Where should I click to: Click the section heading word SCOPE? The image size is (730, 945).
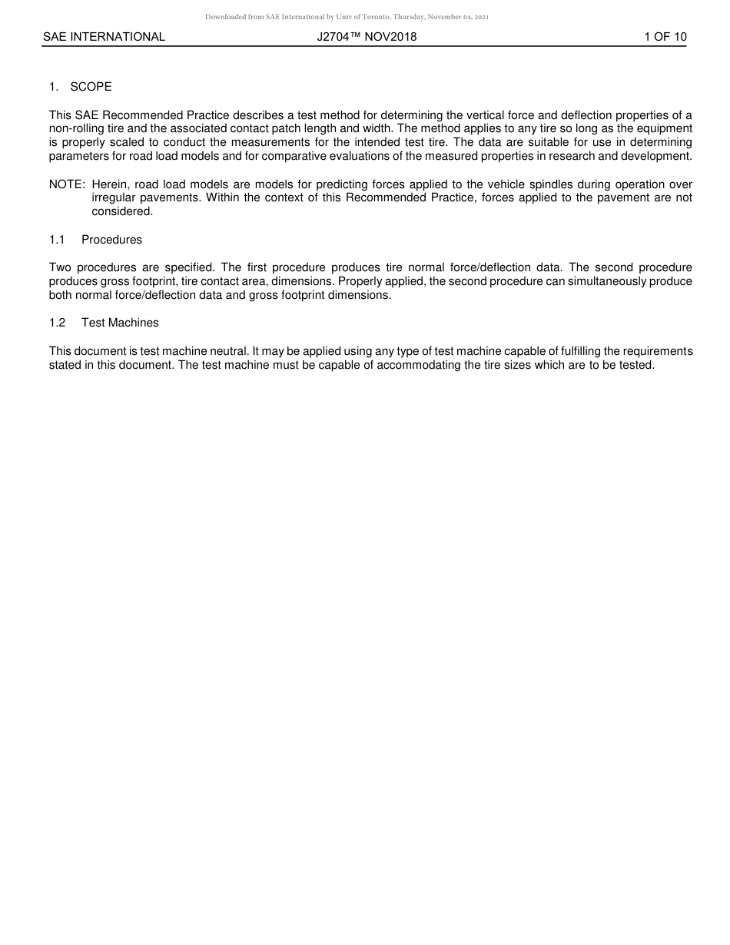click(91, 87)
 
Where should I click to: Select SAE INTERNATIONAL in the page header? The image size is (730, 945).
click(104, 37)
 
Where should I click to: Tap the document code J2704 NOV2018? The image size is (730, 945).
click(367, 37)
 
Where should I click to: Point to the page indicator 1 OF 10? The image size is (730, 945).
click(665, 37)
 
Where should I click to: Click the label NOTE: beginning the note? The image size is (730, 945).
click(67, 184)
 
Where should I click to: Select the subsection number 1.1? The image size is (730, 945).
click(57, 240)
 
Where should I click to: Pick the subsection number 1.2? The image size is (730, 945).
click(57, 323)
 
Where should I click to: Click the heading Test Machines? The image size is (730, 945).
click(120, 323)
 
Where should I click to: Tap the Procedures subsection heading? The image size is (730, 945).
click(111, 240)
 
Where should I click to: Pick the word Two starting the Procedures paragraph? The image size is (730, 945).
click(60, 267)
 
